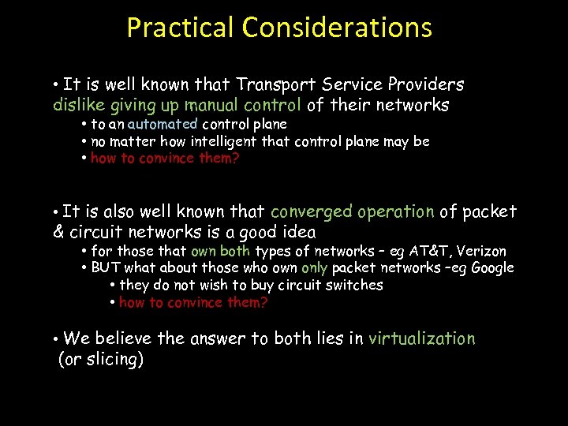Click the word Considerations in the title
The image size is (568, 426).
coord(337,28)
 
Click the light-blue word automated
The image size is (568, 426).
coord(163,124)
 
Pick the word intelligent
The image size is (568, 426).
coord(216,141)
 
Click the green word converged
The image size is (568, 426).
coord(311,211)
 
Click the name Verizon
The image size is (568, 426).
coord(482,251)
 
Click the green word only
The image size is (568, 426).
coord(314,268)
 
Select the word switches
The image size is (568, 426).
coord(357,285)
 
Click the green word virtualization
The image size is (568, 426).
coord(422,338)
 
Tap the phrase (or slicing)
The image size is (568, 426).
coord(101,360)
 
